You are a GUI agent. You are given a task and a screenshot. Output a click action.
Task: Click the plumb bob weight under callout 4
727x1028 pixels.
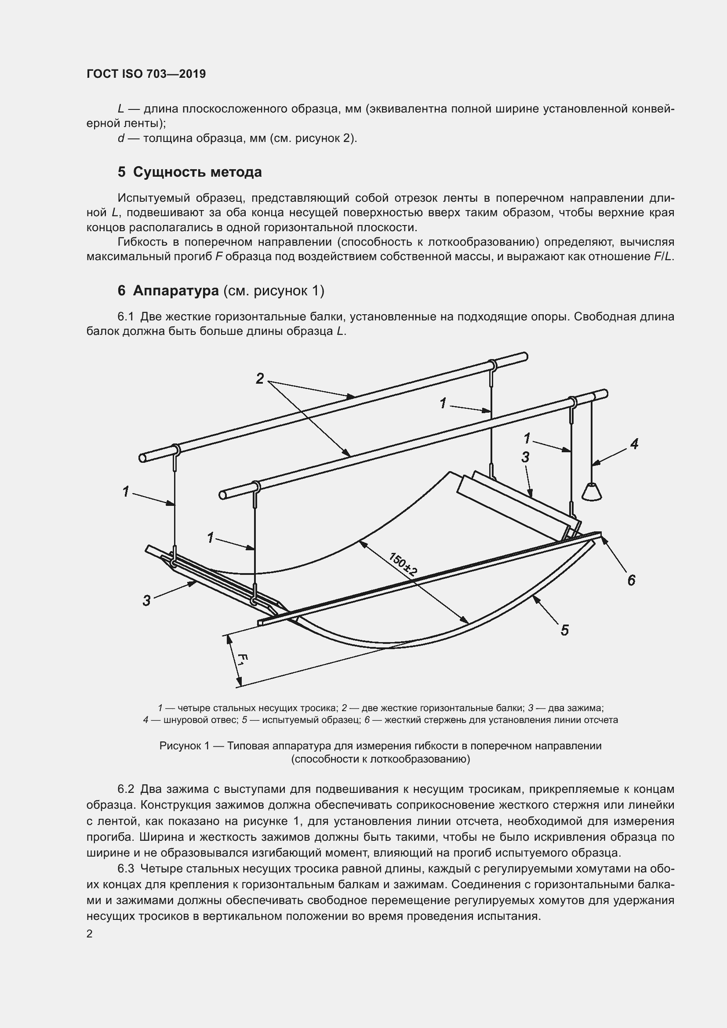pos(591,492)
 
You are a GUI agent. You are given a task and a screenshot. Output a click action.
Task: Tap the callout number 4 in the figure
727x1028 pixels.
pos(634,444)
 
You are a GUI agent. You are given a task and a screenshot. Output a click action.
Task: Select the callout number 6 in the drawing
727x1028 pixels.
pos(631,580)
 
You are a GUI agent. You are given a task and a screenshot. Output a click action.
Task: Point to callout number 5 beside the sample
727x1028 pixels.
pos(564,630)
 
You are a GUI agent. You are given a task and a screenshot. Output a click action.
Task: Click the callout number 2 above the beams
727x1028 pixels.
pos(260,379)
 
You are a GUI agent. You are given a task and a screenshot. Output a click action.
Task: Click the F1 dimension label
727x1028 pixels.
pos(242,661)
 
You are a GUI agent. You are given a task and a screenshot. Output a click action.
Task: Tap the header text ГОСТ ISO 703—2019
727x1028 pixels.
pos(146,74)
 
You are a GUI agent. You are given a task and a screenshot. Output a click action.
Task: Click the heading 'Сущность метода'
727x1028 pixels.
pos(197,172)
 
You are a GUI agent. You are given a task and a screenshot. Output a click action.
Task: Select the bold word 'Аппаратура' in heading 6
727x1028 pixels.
pos(175,291)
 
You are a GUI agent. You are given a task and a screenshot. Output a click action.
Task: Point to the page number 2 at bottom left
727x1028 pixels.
pos(90,934)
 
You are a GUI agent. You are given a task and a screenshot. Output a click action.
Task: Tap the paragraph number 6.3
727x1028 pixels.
pos(126,868)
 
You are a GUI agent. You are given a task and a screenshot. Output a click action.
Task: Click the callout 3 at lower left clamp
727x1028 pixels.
pos(146,601)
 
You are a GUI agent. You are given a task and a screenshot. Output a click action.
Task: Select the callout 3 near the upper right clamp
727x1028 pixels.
pos(525,457)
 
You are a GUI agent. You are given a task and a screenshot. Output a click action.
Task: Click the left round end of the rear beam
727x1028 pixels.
pos(142,458)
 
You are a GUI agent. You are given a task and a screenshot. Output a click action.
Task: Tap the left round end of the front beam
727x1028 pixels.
pos(222,495)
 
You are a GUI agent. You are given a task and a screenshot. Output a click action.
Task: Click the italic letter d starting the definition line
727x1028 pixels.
pos(120,138)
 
